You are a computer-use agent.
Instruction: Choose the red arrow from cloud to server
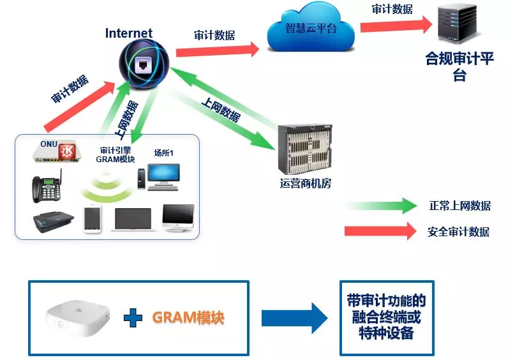point(396,26)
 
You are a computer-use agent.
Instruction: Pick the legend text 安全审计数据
point(458,232)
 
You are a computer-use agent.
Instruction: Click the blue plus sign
point(133,317)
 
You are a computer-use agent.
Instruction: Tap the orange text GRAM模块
point(188,317)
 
